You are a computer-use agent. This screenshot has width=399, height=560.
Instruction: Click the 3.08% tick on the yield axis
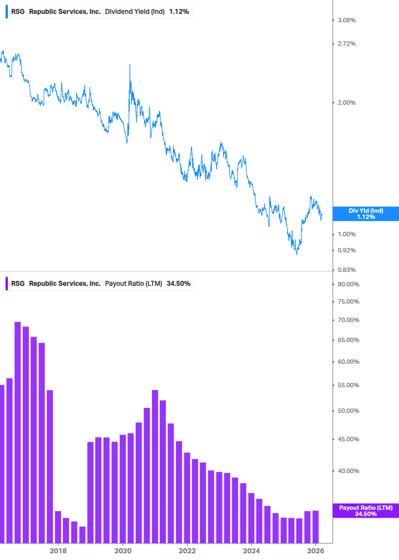347,20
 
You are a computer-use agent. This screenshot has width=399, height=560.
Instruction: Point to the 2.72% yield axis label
347,43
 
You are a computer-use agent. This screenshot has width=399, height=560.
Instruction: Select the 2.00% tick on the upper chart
347,103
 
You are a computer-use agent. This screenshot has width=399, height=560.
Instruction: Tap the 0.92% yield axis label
347,250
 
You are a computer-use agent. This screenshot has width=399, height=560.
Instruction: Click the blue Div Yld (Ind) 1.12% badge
366,213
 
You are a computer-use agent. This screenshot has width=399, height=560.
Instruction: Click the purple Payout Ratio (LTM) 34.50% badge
366,510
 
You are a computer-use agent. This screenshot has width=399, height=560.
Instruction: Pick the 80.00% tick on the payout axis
349,284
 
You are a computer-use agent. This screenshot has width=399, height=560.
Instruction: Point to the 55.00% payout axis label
349,385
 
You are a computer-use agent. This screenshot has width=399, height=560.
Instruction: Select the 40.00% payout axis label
349,471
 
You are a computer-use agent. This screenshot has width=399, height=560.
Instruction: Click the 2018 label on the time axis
58,551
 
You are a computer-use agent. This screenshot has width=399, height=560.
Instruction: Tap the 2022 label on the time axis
188,551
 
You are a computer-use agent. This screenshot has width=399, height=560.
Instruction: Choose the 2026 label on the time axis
316,551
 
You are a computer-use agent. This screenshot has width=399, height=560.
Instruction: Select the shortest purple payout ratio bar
82,534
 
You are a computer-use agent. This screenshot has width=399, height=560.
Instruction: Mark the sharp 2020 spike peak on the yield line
130,65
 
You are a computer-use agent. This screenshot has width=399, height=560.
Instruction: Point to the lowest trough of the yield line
297,254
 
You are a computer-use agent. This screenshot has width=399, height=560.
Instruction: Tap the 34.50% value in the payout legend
179,283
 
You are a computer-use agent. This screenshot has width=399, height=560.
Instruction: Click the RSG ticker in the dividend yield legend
18,11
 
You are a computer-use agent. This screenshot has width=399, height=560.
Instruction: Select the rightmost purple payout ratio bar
316,527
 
